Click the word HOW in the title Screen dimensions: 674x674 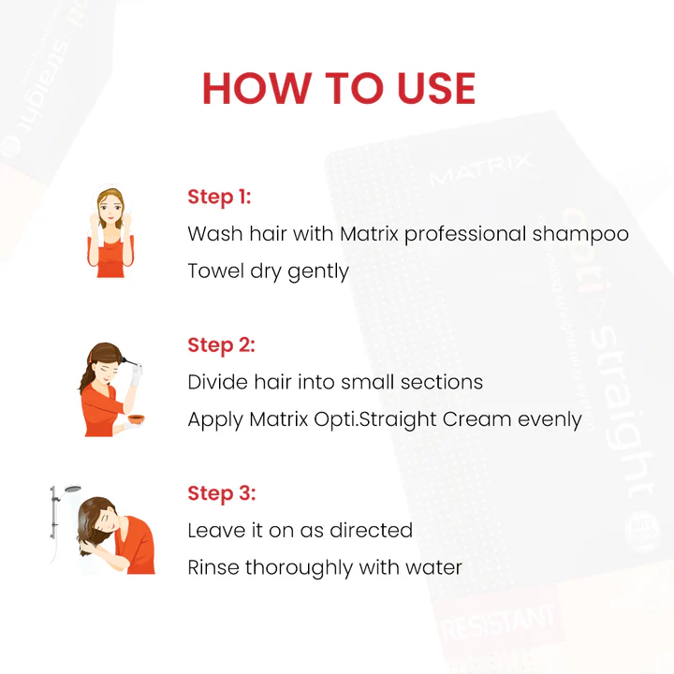click(256, 88)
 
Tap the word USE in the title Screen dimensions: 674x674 click(436, 88)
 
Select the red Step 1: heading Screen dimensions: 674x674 click(219, 198)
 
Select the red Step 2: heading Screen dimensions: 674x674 click(221, 345)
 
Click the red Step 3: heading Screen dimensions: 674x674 click(222, 493)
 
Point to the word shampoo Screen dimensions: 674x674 click(580, 235)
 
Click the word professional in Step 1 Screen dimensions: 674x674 click(465, 235)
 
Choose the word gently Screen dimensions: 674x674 click(318, 272)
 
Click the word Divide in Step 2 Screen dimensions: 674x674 click(218, 382)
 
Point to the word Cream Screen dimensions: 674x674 click(476, 419)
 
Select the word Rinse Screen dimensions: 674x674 click(213, 567)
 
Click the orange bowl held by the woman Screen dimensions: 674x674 click(137, 418)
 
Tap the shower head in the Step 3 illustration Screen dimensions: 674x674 click(73, 490)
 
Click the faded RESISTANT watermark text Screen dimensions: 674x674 click(499, 622)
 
